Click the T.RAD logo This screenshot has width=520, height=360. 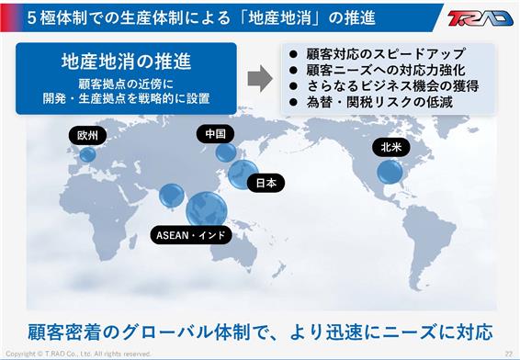480,18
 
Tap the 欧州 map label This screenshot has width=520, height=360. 87,136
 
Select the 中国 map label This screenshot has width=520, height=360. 215,134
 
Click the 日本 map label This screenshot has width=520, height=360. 266,183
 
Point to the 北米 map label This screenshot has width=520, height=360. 391,147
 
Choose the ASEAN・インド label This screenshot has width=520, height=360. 191,235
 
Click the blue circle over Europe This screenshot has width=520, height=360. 87,154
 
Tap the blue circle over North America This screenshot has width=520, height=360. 390,172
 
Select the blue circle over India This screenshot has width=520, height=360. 172,196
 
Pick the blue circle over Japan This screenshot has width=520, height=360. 243,174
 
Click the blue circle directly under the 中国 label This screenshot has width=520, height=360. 226,152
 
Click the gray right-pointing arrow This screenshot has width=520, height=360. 260,78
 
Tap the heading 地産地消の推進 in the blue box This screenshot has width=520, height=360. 127,62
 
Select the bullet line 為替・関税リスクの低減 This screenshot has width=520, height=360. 379,103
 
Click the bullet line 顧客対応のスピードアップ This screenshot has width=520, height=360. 385,54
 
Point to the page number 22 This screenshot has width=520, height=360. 509,354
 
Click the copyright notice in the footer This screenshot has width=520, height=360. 78,354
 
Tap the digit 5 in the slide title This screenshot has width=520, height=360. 31,17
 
